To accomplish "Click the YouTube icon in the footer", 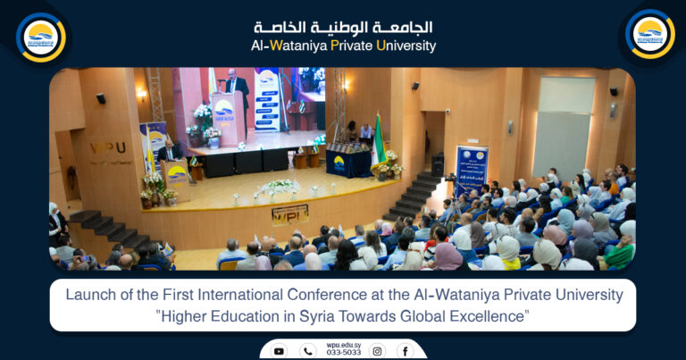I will coord(279,351).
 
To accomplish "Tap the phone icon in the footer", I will coord(308,351).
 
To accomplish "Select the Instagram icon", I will coord(377,351).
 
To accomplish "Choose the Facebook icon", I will coord(405,351).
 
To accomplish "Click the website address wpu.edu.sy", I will coord(344,344).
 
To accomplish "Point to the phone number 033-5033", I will coord(344,353).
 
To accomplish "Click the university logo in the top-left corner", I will coord(40,36).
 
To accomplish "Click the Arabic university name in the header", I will coord(343,27).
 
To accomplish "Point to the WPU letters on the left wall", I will coord(107,147).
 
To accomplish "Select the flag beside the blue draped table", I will coord(378,143).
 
